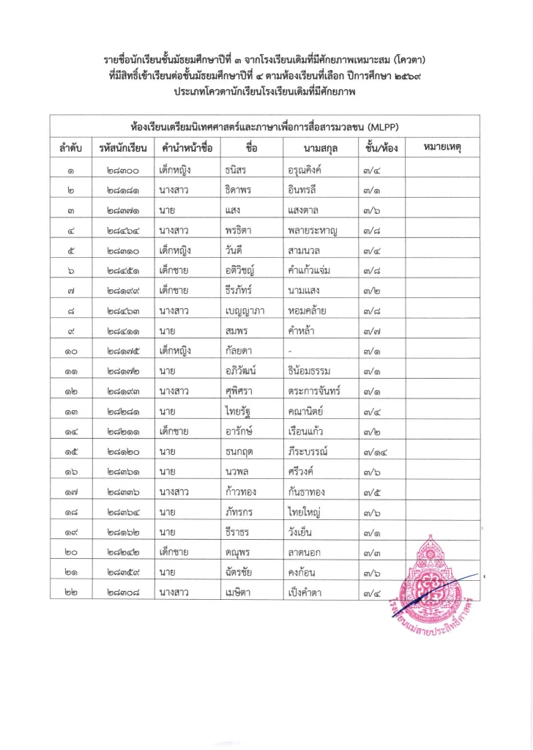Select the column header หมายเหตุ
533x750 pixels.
coord(446,148)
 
